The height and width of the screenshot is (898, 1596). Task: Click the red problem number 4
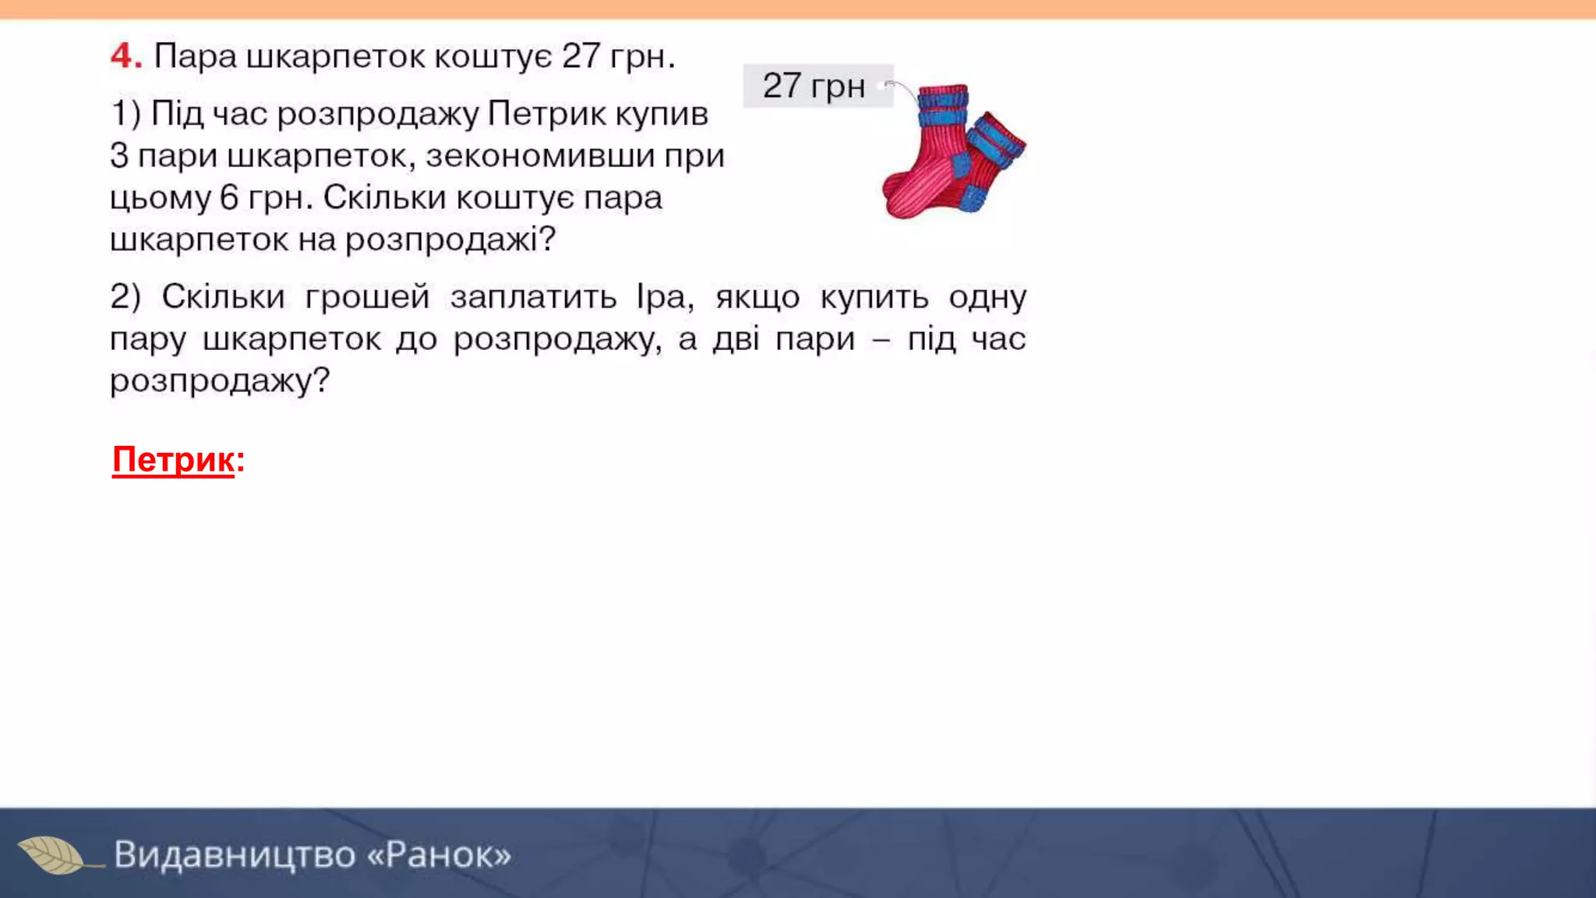click(x=125, y=56)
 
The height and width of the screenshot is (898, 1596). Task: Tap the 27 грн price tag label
click(x=814, y=86)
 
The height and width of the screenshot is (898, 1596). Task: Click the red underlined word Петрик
click(x=173, y=460)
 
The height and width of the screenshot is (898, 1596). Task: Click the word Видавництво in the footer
click(x=235, y=854)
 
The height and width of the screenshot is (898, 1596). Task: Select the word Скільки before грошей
click(x=222, y=297)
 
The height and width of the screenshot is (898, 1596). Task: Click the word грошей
click(x=367, y=297)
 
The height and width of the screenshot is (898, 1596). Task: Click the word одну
click(x=987, y=297)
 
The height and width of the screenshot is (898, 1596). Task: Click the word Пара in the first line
click(x=195, y=56)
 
